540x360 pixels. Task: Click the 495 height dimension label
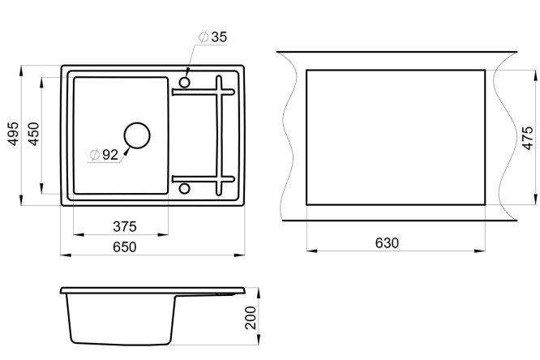[14, 133]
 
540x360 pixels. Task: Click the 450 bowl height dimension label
[34, 134]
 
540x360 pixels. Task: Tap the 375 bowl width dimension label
[125, 226]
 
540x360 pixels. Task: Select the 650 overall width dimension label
[125, 246]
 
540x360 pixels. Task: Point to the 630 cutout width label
[387, 243]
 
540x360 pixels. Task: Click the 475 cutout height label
[527, 138]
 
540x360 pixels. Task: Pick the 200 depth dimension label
[251, 318]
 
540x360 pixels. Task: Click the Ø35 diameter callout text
[213, 36]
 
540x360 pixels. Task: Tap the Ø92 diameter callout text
[104, 155]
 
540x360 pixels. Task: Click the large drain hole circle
[137, 122]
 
